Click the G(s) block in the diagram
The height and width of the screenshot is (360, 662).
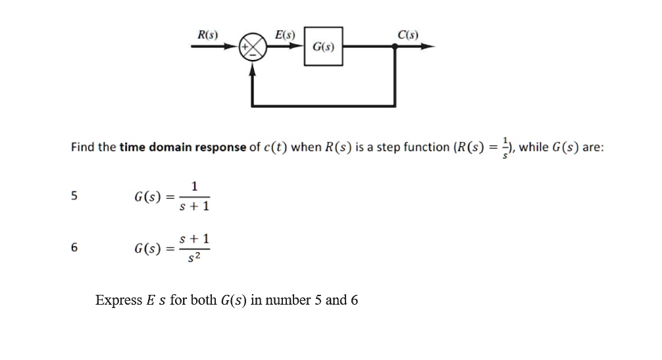(323, 47)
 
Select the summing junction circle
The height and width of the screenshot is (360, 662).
(254, 47)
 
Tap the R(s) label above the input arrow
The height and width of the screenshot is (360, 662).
(209, 34)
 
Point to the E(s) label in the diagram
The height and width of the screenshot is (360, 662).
(285, 34)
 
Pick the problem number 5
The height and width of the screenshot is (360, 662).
(74, 195)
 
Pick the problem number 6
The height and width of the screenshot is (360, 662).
(74, 247)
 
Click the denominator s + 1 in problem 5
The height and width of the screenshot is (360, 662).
(194, 207)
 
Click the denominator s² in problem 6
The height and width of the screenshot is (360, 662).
(194, 257)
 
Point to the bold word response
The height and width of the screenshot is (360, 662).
(222, 147)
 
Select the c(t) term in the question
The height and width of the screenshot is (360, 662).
(275, 147)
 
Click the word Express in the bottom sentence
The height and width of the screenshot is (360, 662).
(118, 300)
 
